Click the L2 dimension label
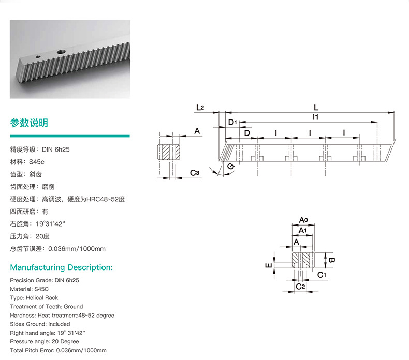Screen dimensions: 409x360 (x=200, y=108)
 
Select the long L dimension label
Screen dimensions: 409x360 (x=316, y=108)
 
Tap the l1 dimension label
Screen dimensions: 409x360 (x=316, y=117)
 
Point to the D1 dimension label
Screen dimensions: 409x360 (x=232, y=122)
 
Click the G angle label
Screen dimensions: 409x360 (x=231, y=167)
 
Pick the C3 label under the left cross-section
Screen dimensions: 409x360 (x=195, y=173)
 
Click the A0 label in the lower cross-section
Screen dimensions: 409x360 (x=303, y=220)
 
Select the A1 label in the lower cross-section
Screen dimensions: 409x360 (x=302, y=231)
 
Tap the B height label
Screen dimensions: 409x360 (x=331, y=260)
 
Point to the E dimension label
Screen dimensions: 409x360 (x=268, y=265)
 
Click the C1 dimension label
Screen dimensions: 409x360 (x=322, y=275)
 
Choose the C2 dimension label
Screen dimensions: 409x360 (x=300, y=287)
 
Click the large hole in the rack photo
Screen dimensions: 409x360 (x=62, y=52)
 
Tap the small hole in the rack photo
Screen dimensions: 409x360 (x=38, y=56)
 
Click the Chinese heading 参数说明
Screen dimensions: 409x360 (x=29, y=123)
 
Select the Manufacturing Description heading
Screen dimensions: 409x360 (x=61, y=267)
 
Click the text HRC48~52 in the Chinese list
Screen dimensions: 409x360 (x=102, y=199)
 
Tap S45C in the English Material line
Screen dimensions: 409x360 (x=41, y=289)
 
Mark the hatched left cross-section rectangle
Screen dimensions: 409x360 (x=169, y=152)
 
